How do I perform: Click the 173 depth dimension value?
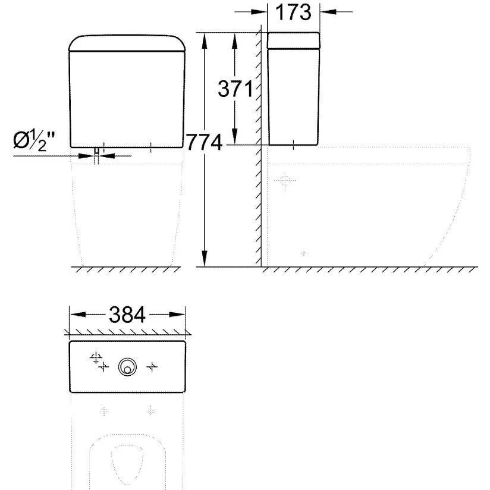click(293, 12)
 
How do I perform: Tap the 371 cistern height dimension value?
click(235, 89)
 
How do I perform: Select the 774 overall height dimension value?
click(205, 142)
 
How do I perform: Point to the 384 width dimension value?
click(127, 315)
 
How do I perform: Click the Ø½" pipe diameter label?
click(34, 141)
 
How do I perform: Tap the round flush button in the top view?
click(127, 366)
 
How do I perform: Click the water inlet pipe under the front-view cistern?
click(97, 155)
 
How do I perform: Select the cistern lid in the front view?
click(127, 43)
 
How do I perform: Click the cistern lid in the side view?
click(293, 40)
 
